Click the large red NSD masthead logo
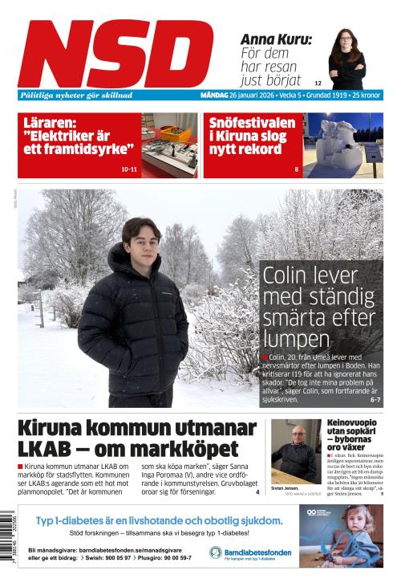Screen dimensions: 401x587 115,53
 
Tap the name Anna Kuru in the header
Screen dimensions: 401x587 276,39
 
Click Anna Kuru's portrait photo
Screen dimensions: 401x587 346,59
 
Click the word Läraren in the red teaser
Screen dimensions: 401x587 49,124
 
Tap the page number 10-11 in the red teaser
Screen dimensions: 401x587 128,169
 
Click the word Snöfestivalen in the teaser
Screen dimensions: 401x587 252,124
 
